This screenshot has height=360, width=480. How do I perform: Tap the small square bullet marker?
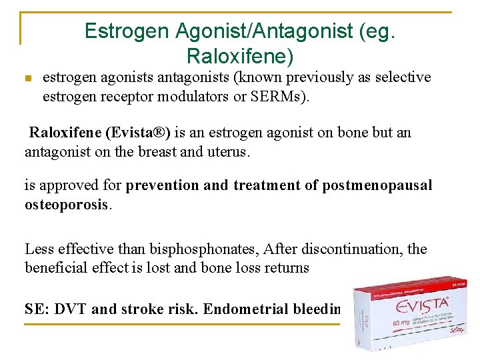click(x=27, y=79)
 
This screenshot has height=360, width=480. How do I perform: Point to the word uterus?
click(x=227, y=151)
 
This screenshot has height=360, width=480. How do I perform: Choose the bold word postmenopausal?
click(x=377, y=185)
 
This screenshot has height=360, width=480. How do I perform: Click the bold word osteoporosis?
click(x=67, y=205)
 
